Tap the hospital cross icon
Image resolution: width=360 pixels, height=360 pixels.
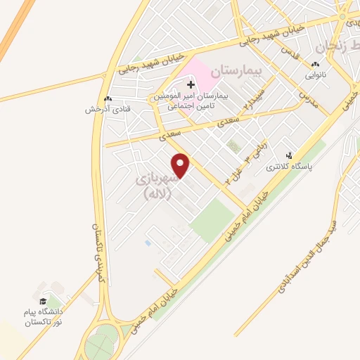coord(189,84)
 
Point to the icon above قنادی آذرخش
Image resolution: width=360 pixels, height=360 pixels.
coord(107,98)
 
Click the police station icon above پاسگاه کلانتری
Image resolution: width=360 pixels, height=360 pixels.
coord(288,155)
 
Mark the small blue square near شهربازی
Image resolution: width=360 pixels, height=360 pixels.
coord(147,243)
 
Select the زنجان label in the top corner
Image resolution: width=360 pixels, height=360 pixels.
coord(331,48)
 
